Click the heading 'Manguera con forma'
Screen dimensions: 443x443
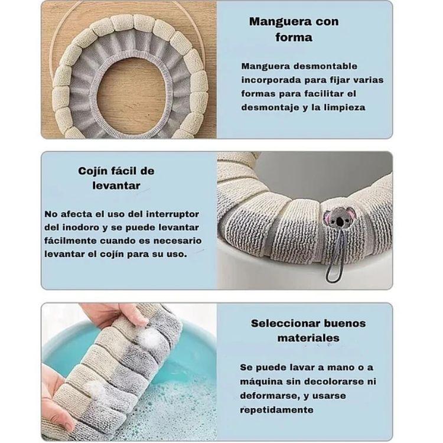coord(294,30)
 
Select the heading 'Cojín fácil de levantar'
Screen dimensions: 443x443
coord(116,178)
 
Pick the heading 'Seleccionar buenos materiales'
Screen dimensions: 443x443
coord(308,330)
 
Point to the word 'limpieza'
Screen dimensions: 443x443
coord(344,107)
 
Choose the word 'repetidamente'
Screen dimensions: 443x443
coord(276,409)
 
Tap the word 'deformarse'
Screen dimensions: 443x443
coord(268,396)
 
